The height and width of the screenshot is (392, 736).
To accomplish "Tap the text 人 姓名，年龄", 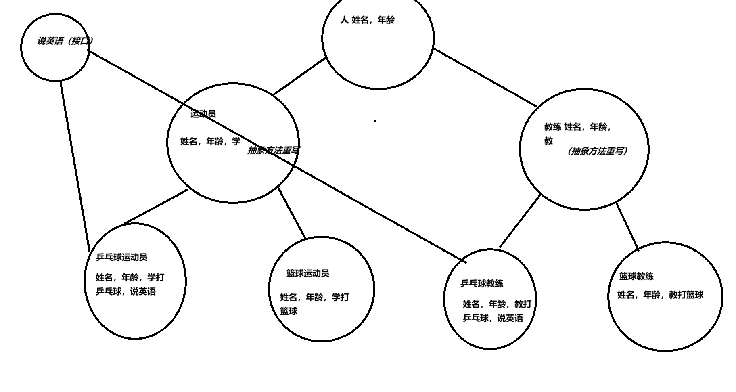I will pos(367,20).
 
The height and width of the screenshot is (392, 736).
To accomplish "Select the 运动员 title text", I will pos(203,114).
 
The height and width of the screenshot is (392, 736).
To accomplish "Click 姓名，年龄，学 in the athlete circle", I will pos(210,141).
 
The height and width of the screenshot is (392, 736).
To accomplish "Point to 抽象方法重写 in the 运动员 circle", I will pos(273,150).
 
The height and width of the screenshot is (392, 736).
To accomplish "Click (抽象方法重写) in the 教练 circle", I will pos(597,151).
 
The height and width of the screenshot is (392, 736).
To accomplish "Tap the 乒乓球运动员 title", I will pos(121,257).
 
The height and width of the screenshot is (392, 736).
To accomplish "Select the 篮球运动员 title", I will pos(307,273).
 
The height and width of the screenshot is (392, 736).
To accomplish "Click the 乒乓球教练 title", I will pos(482,283).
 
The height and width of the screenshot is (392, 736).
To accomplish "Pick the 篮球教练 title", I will pos(636,276).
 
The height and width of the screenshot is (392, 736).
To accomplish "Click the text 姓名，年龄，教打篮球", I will pos(660,295).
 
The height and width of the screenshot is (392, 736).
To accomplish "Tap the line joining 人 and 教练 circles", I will pos(485,78).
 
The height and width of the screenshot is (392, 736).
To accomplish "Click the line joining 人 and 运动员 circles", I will pos(299,77).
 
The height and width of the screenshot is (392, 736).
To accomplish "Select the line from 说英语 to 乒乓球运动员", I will pos(75,166).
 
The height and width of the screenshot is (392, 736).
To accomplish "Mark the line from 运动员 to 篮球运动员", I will pos(292,213).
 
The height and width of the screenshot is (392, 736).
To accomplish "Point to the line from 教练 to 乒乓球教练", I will pos(520,221).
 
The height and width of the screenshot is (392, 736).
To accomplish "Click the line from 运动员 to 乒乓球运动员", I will pos(156,207).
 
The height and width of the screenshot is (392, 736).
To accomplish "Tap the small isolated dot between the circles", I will pos(375,121).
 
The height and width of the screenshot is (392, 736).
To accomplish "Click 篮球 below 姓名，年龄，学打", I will pos(289,311).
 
